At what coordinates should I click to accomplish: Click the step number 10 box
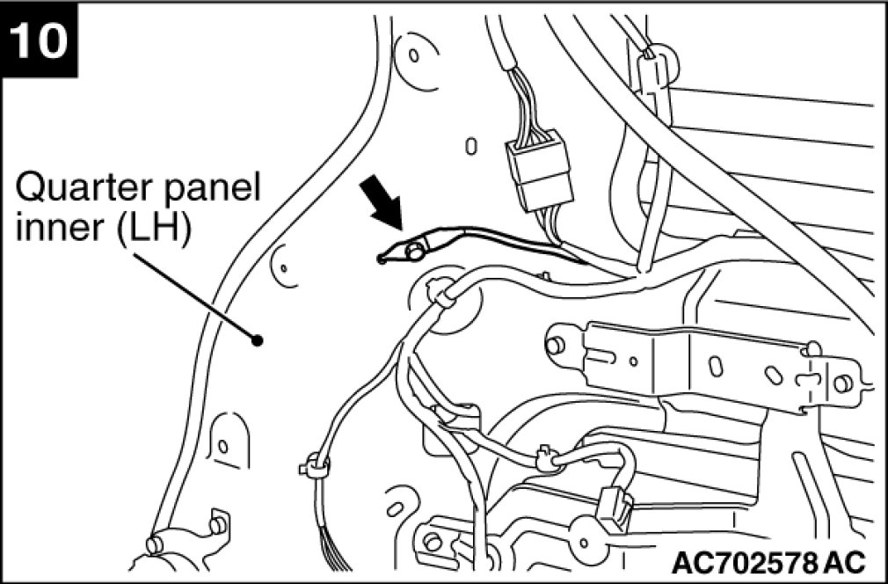coord(40,40)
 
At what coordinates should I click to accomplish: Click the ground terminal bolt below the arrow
coord(411,252)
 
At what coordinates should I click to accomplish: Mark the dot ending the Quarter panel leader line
coord(257,340)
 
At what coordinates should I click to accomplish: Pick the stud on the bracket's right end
coord(842,383)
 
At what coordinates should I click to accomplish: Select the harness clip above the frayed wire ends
coord(315,464)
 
